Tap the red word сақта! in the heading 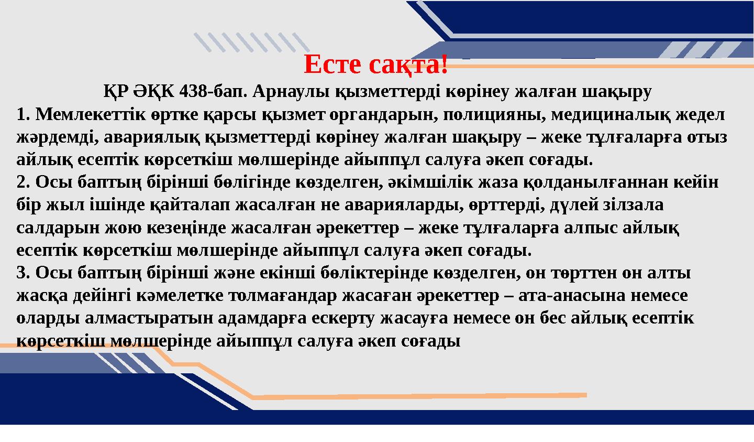[x=408, y=64]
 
